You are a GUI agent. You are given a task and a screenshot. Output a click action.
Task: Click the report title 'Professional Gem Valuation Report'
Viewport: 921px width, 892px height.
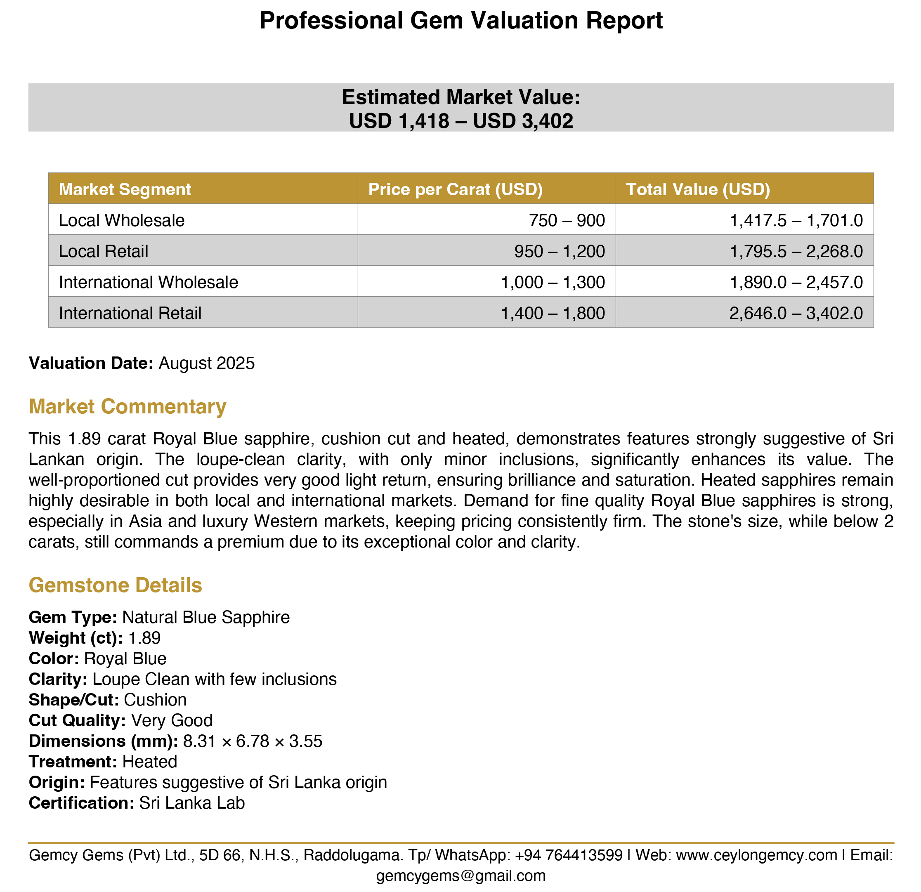460,21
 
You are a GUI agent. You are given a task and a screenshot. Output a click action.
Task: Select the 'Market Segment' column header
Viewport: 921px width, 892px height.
125,189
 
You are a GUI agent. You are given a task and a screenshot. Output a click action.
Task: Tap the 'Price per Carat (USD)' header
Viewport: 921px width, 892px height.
455,189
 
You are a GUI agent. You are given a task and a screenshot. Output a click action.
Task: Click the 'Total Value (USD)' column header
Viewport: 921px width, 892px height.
698,189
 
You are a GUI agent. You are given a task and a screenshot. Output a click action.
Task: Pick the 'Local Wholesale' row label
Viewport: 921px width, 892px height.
121,220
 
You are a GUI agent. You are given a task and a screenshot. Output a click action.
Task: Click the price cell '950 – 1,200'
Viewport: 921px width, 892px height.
559,251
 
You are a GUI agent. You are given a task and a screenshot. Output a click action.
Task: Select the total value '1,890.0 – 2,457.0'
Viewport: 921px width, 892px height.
796,282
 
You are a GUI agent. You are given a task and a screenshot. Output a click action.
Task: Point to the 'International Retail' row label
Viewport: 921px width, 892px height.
130,313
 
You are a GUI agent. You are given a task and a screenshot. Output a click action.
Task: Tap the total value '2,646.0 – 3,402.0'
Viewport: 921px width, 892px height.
796,313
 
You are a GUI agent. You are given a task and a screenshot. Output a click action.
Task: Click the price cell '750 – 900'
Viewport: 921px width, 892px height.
567,220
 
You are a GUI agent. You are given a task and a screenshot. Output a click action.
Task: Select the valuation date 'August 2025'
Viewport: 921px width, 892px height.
207,363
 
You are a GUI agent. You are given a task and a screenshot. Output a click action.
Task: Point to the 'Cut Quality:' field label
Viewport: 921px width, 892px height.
77,720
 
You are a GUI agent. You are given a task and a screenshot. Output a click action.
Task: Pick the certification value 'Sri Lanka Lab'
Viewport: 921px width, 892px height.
192,803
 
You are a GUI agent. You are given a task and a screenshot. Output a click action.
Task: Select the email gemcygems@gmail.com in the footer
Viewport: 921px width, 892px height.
460,875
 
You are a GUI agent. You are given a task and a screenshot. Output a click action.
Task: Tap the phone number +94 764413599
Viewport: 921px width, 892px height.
569,855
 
